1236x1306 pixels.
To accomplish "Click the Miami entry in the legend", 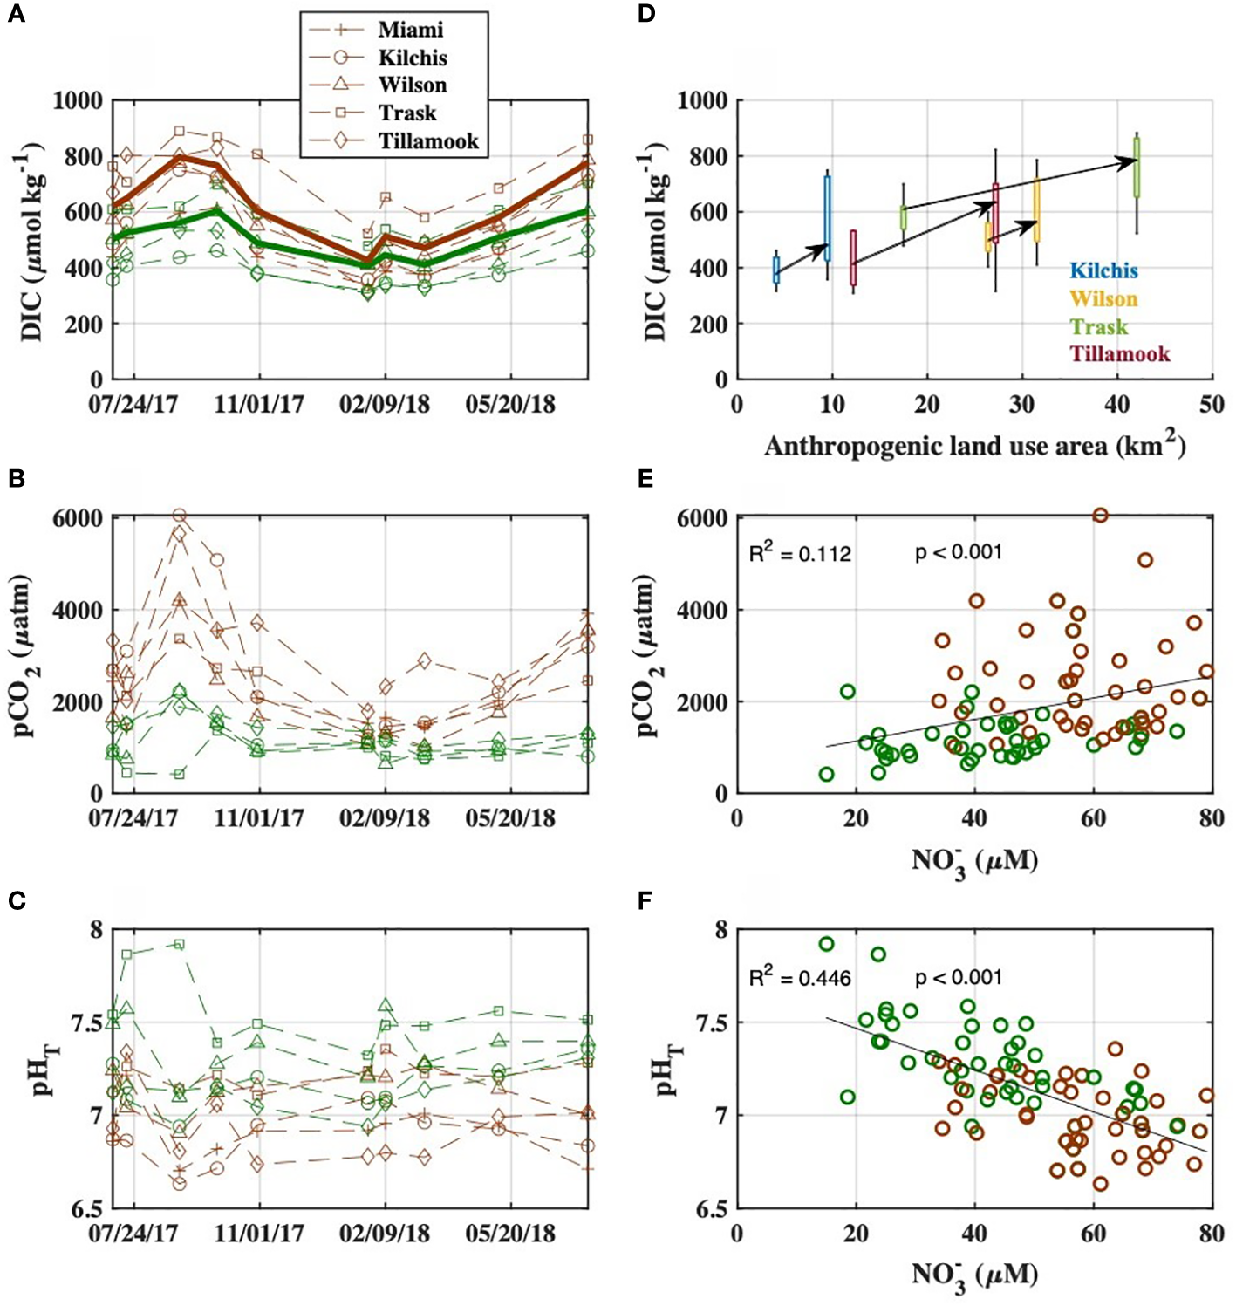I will (410, 30).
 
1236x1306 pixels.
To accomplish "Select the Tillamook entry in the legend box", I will (427, 141).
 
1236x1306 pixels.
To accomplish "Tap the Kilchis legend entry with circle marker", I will (412, 58).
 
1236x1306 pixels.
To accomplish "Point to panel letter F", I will (645, 899).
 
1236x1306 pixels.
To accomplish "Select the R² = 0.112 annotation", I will (800, 553).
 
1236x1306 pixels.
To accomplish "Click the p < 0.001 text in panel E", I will (958, 552).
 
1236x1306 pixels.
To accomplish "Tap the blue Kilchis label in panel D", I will (1103, 271).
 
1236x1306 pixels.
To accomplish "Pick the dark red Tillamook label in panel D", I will (1119, 354).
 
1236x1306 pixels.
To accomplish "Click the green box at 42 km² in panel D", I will (1137, 166).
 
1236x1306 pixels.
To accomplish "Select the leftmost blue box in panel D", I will (775, 270).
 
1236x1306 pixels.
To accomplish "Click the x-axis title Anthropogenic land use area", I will (974, 446).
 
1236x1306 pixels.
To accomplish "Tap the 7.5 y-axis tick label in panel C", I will (83, 1022).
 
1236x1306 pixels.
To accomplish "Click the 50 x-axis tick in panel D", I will (1212, 405).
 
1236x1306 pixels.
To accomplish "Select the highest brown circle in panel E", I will (1101, 516).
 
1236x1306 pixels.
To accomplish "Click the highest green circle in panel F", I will (826, 944).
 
